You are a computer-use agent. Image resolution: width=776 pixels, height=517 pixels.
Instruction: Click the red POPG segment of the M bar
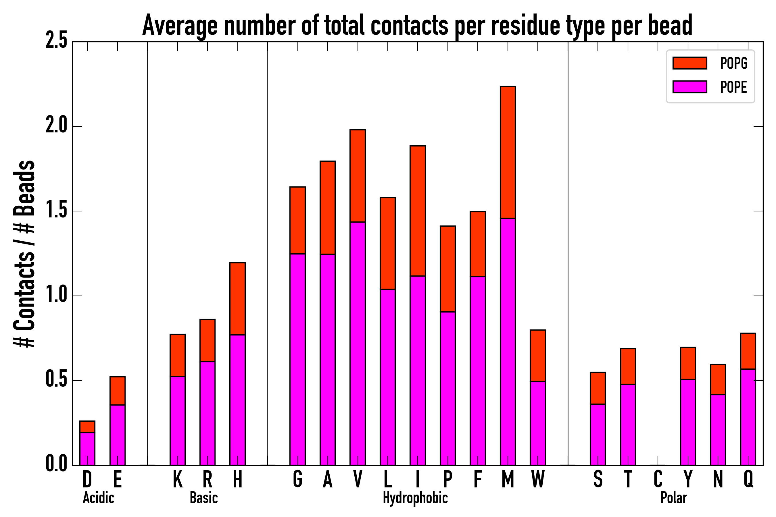(x=508, y=152)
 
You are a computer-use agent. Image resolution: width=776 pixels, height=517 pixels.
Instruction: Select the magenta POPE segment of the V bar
(x=358, y=343)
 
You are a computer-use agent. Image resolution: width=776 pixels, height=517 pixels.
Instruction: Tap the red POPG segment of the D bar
(x=87, y=426)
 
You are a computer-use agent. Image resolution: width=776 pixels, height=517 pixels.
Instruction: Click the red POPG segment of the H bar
(x=238, y=299)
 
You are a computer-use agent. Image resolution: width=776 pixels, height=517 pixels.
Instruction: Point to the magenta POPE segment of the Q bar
(x=748, y=417)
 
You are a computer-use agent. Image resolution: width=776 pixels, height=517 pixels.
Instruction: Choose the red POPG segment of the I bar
(x=418, y=211)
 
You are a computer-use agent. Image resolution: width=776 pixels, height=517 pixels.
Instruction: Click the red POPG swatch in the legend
(x=690, y=63)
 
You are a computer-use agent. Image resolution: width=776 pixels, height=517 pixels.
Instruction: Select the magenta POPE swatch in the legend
(x=690, y=87)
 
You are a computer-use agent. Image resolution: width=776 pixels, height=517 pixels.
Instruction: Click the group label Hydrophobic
(x=415, y=498)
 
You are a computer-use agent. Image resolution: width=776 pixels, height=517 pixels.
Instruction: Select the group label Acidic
(x=98, y=498)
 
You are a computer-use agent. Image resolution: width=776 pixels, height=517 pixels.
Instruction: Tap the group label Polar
(x=674, y=498)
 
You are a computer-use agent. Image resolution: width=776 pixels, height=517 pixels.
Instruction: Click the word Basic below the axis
(x=203, y=498)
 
